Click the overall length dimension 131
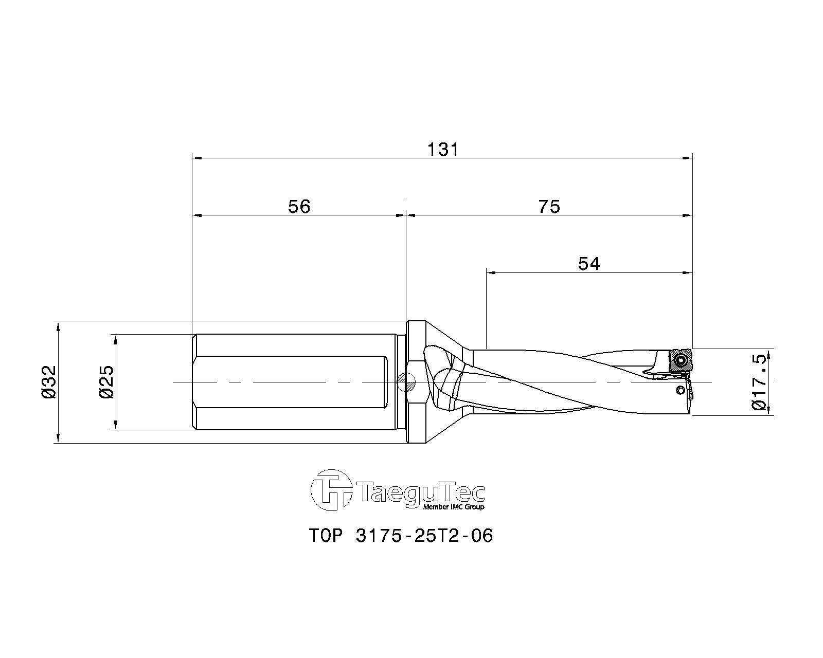point(442,149)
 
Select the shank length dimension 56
point(299,207)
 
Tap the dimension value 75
point(549,207)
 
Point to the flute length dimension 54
point(589,264)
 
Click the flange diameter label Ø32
point(49,382)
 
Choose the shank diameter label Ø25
point(106,382)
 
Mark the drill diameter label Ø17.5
point(760,382)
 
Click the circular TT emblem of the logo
point(331,490)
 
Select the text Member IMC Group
point(454,507)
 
